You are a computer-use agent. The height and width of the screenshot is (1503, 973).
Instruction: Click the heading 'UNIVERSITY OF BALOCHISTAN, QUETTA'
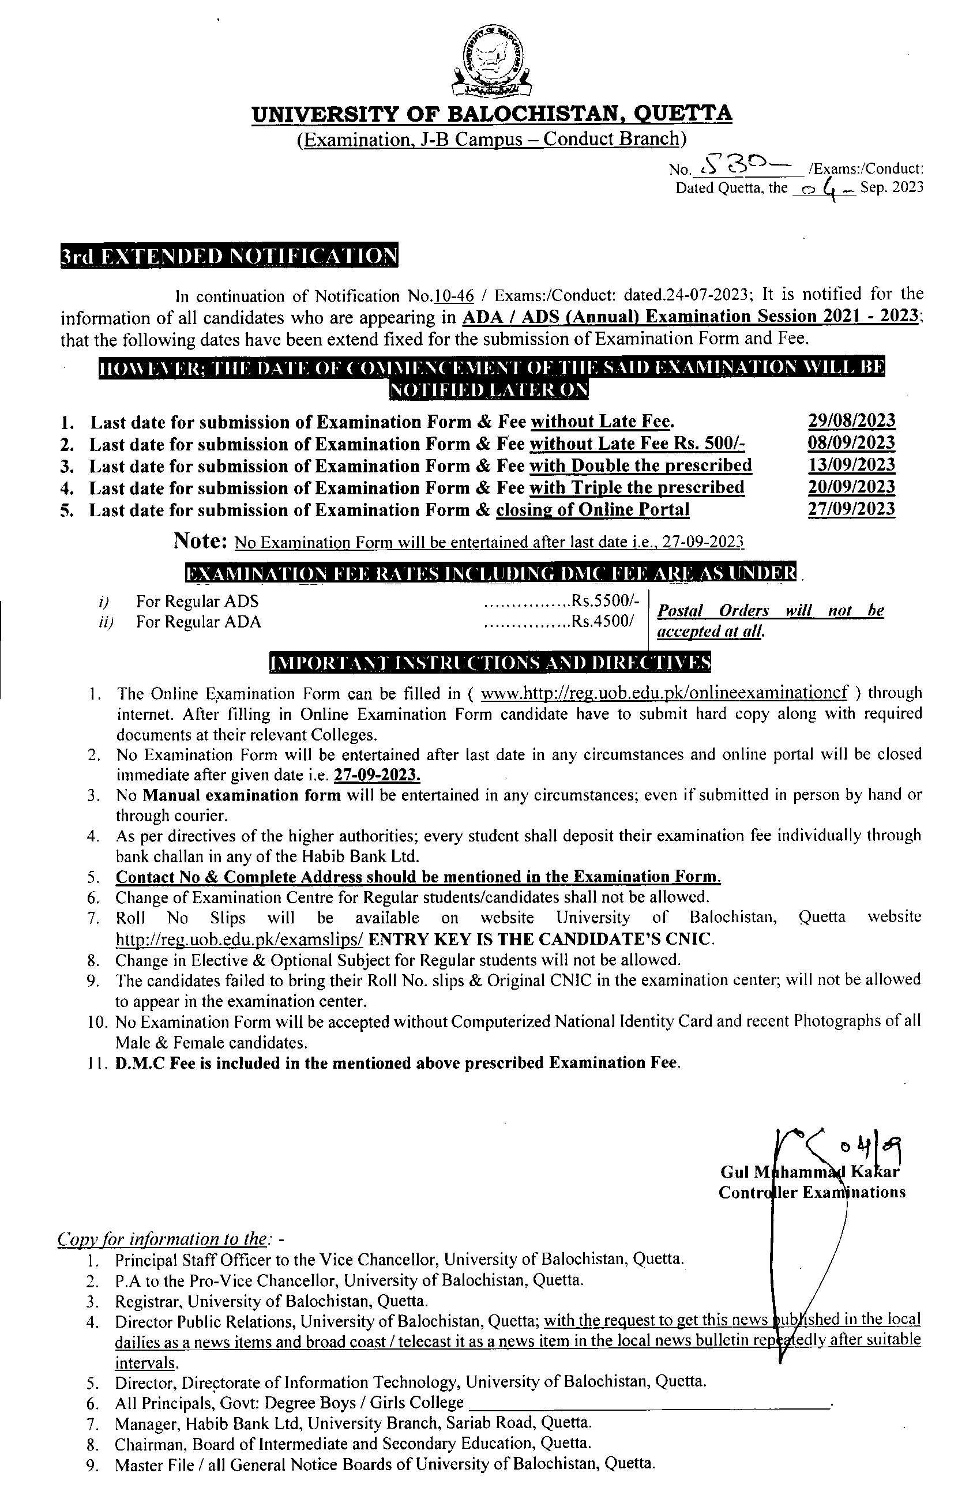[x=492, y=114]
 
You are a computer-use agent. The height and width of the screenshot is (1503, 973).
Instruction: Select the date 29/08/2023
[x=851, y=420]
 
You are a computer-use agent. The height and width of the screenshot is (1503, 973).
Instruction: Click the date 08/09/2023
[x=851, y=443]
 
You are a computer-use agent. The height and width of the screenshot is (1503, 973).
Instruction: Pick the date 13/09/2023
[x=851, y=465]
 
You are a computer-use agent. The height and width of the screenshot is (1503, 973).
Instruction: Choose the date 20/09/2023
[x=851, y=487]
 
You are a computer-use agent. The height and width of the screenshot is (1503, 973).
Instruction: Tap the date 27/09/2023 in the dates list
[x=851, y=509]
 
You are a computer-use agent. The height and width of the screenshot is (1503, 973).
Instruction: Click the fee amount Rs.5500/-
[x=606, y=600]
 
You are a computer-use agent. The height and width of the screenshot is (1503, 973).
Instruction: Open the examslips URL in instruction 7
[x=239, y=940]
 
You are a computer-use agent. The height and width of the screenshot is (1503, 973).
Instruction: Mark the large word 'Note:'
[x=201, y=540]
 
